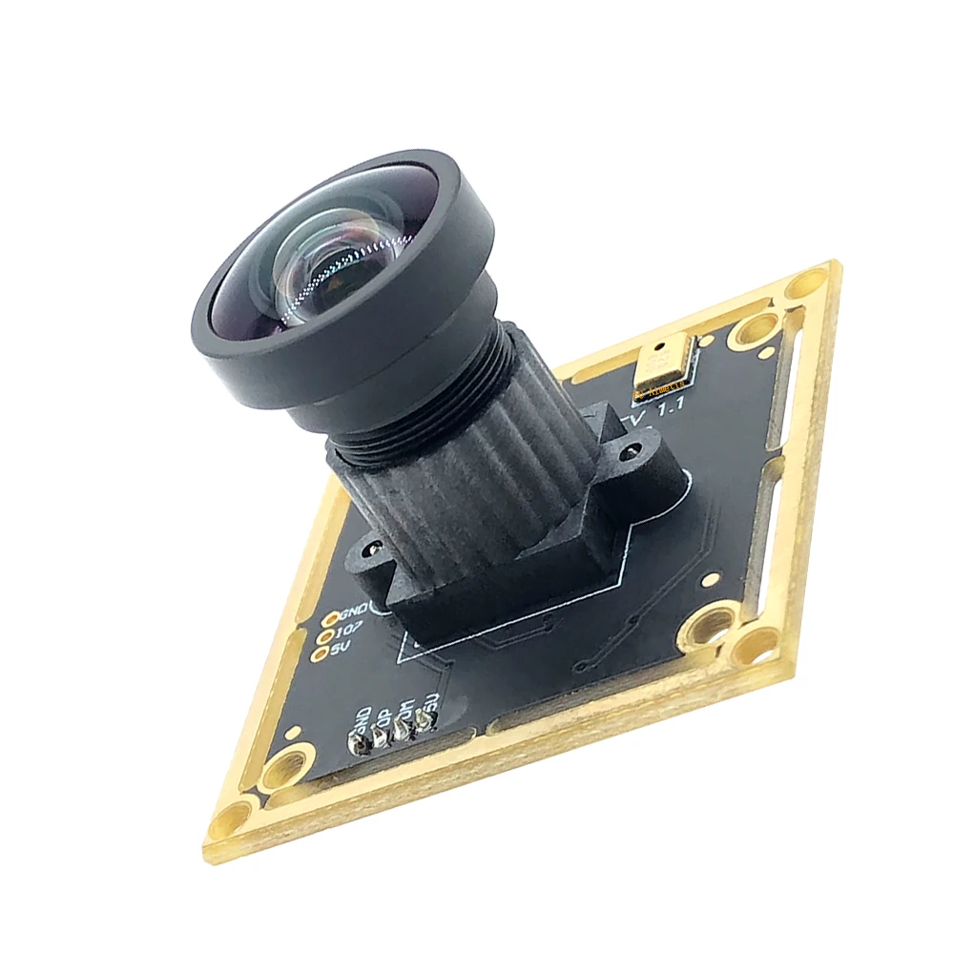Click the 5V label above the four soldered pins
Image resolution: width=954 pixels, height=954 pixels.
[x=429, y=704]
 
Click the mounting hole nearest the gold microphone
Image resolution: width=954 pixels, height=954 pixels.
[x=755, y=332]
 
